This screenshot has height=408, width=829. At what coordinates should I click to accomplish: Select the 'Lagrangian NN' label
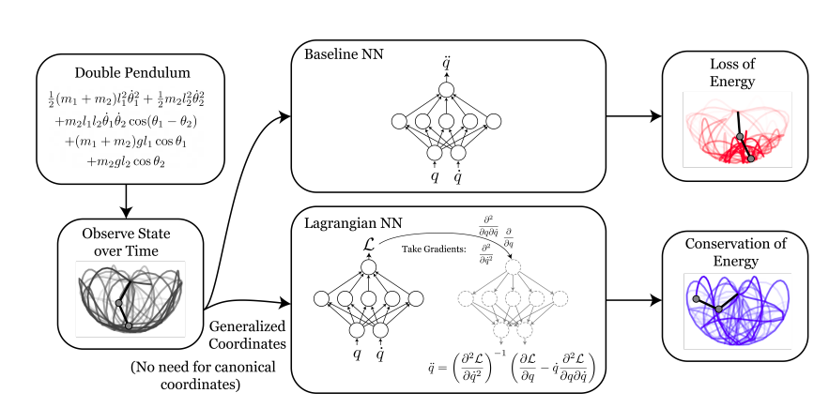tap(345, 224)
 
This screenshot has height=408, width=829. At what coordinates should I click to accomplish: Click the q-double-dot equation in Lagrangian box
tap(510, 367)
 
